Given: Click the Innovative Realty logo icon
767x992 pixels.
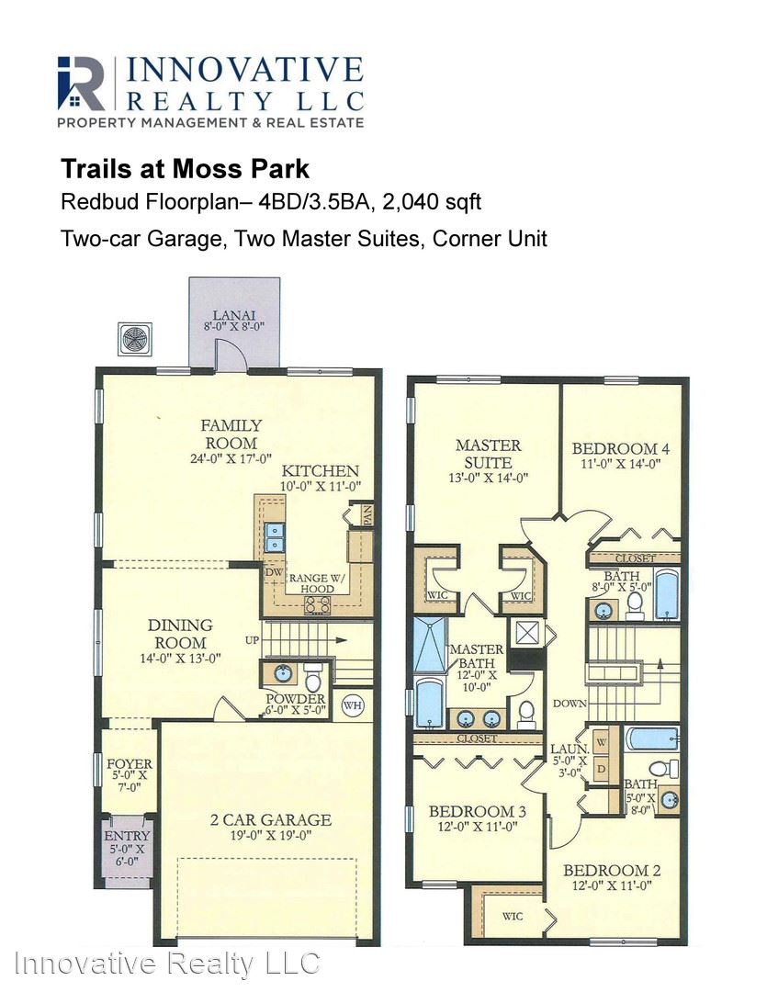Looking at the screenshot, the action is [81, 83].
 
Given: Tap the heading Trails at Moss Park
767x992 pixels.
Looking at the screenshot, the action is [185, 169].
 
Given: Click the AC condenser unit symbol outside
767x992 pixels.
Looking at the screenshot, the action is [135, 339].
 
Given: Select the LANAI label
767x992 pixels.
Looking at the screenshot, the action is [233, 314].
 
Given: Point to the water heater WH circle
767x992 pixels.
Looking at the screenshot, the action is [353, 705].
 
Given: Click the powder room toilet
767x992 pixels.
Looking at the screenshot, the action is [313, 678].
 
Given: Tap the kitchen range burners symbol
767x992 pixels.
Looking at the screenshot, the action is [318, 605].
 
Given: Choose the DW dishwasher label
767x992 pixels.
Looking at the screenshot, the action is [274, 572].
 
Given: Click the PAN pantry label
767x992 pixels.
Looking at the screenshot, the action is [367, 515].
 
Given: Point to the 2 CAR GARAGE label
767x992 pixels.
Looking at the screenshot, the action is [271, 820].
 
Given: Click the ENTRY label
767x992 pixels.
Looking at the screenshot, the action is [127, 836].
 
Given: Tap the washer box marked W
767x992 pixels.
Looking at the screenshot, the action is [601, 743].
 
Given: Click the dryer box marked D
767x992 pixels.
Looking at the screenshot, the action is [601, 770].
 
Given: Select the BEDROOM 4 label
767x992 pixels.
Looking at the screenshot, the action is [621, 448].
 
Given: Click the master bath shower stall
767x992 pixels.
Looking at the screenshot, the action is [430, 646].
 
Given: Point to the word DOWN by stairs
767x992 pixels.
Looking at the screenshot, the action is [570, 704].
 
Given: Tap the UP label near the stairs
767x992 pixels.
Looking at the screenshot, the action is [252, 640].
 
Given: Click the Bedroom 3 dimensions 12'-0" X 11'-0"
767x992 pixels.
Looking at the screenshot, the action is [478, 827].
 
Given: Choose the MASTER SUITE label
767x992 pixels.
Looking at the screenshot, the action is [489, 454].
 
